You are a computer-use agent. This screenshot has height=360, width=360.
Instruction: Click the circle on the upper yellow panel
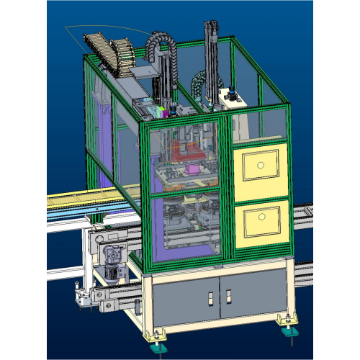pos(258,166)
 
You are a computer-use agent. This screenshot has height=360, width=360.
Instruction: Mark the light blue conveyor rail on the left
pos(72,209)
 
